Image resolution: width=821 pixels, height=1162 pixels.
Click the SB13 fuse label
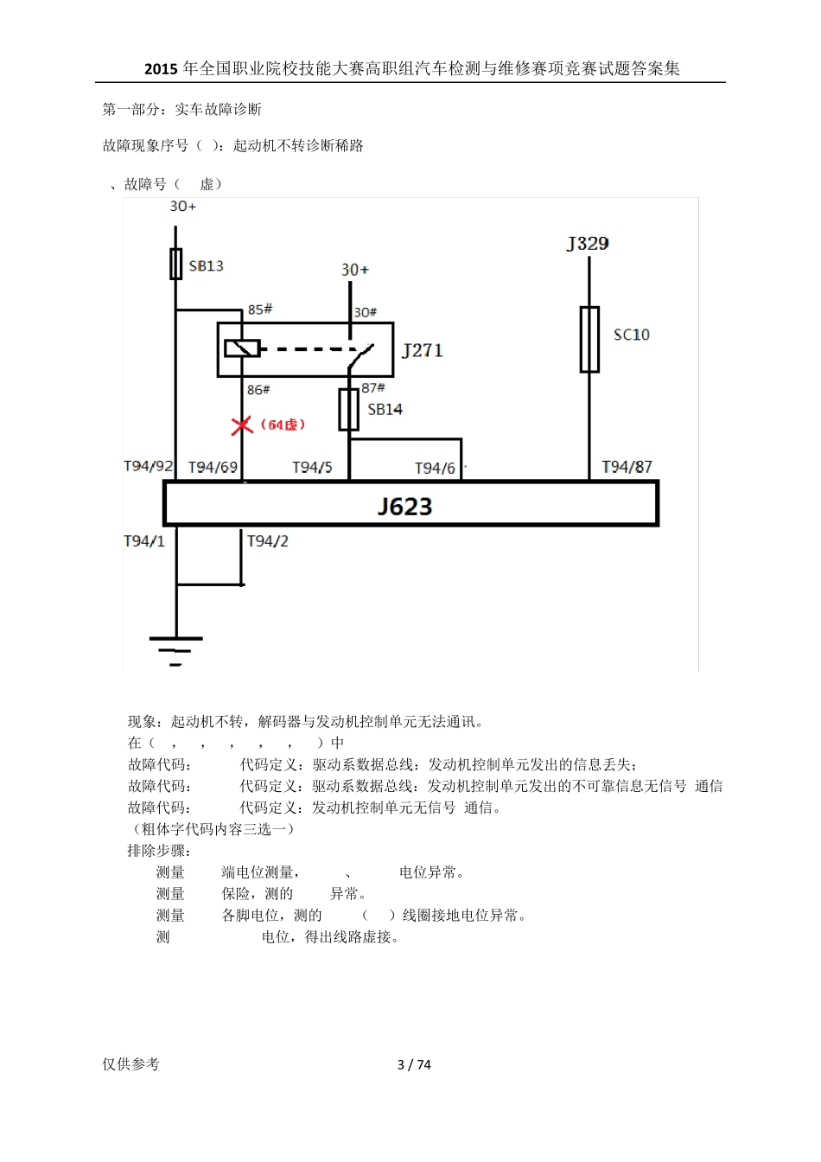point(206,266)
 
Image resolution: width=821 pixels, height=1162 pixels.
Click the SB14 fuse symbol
point(349,409)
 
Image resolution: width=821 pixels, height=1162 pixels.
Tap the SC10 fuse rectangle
point(589,339)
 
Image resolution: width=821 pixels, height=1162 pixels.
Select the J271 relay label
point(423,350)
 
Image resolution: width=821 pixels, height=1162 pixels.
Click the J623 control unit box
point(411,504)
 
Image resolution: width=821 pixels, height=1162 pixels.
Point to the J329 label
point(588,244)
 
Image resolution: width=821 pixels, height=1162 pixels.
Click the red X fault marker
point(242,425)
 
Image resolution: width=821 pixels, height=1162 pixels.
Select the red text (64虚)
point(283,425)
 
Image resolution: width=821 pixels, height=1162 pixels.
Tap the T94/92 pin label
point(149,466)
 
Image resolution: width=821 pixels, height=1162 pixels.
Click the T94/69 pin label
point(213,467)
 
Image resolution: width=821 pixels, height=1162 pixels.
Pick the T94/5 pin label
point(312,467)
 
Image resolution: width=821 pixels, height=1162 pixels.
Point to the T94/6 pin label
point(435,468)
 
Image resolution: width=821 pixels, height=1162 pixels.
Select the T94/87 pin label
point(627,467)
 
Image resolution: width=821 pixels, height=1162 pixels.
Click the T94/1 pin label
point(144,541)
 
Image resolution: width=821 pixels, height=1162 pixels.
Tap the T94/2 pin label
point(268,541)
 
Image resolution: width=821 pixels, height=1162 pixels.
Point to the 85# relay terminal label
point(259,310)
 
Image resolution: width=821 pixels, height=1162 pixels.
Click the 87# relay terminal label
point(373,388)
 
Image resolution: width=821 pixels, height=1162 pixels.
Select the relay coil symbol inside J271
point(242,348)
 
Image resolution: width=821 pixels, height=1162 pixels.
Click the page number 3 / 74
point(414,1064)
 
